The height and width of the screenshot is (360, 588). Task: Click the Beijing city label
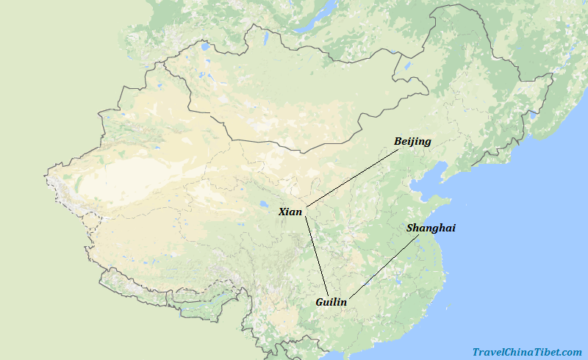tap(412, 141)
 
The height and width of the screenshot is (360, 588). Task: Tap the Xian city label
tap(290, 212)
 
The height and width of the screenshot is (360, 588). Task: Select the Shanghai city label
tap(431, 228)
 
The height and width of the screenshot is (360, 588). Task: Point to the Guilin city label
tap(331, 302)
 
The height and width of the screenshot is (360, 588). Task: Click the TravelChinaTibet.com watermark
tap(527, 352)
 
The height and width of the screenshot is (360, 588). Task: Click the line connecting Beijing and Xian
tap(353, 177)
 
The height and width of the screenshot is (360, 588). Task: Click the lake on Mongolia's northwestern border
tap(204, 48)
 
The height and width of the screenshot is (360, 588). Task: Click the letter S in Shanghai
tap(410, 228)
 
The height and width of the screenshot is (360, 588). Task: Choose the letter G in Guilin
tap(320, 302)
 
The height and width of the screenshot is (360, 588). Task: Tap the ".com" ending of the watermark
tap(570, 352)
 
